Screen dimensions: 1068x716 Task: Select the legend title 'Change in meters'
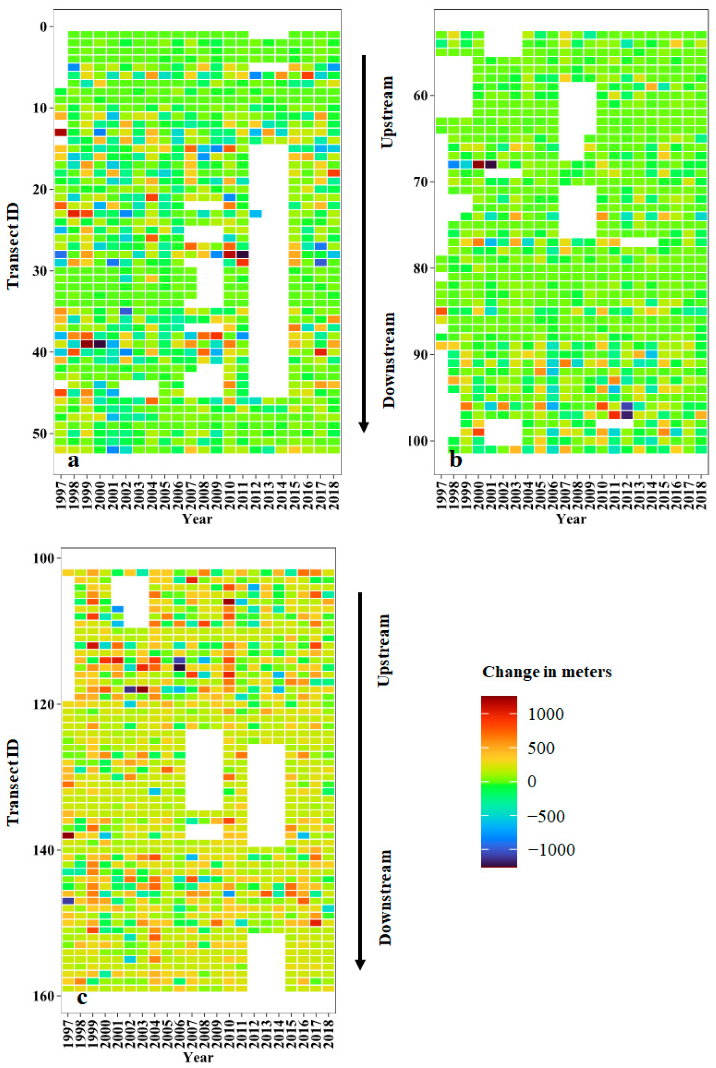547,672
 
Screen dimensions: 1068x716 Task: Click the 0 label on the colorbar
532,781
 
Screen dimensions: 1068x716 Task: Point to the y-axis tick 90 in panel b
420,355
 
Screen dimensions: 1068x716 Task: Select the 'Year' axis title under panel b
571,519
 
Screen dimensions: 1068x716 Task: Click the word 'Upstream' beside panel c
385,650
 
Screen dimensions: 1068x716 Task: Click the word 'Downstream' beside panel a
388,360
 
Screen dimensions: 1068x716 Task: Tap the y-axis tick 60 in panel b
420,95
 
